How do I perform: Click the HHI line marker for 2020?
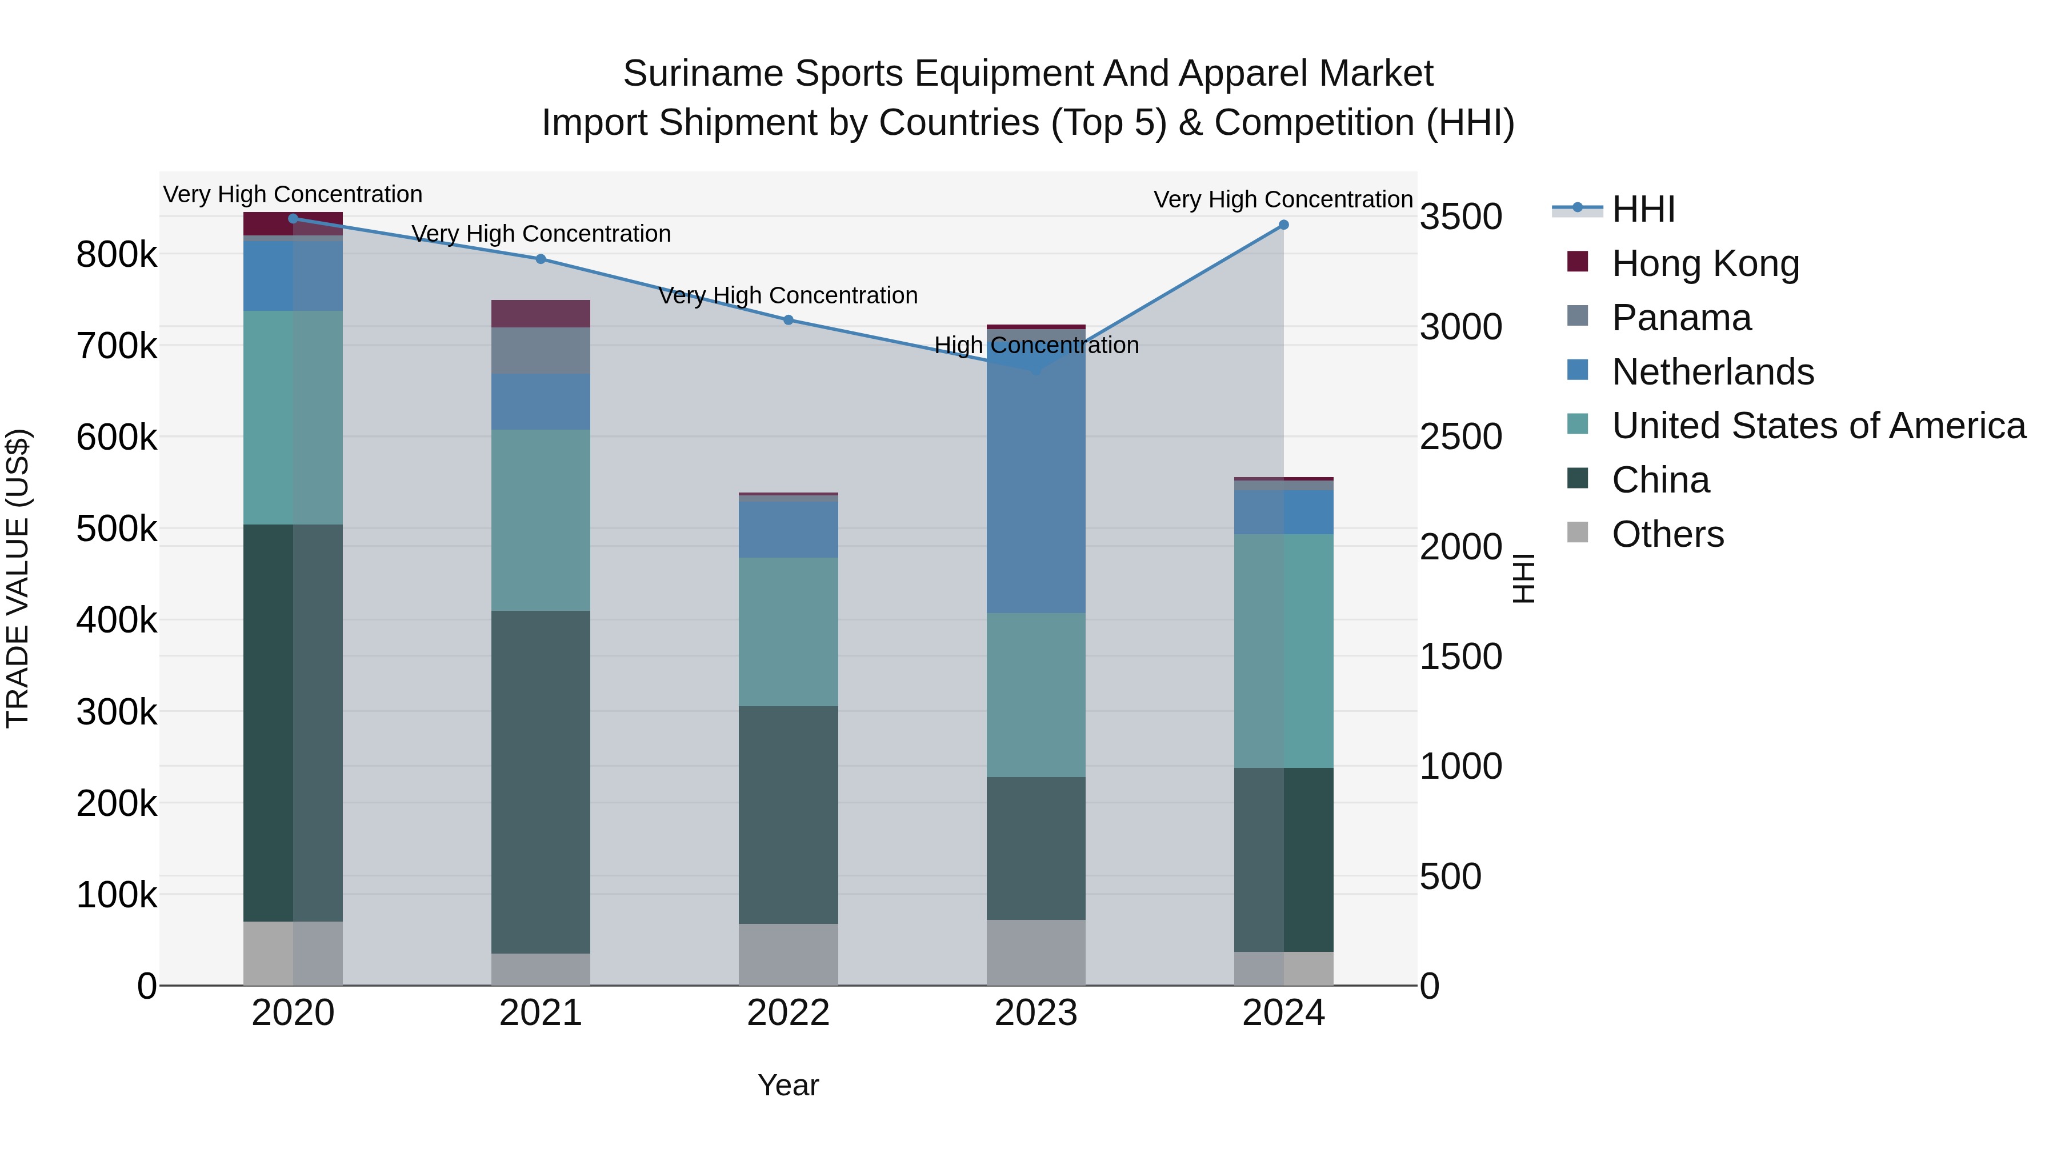tap(293, 218)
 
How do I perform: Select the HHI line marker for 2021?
tap(541, 259)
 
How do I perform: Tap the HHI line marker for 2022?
tap(788, 319)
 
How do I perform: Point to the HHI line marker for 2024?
tap(1283, 225)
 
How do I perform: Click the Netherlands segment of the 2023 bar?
tap(1036, 479)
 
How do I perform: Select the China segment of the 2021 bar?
tap(541, 783)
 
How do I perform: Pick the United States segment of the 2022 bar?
tap(788, 631)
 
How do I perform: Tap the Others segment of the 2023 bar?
tap(1036, 952)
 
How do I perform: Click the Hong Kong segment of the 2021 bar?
tap(541, 314)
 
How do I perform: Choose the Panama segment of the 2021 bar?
tap(541, 351)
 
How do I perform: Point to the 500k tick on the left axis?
tap(117, 529)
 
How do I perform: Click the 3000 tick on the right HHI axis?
tap(1460, 327)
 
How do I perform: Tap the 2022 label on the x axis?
tap(788, 1013)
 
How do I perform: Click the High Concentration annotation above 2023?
tap(1036, 345)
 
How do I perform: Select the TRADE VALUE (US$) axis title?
tap(18, 578)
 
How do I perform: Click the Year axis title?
tap(788, 1085)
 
